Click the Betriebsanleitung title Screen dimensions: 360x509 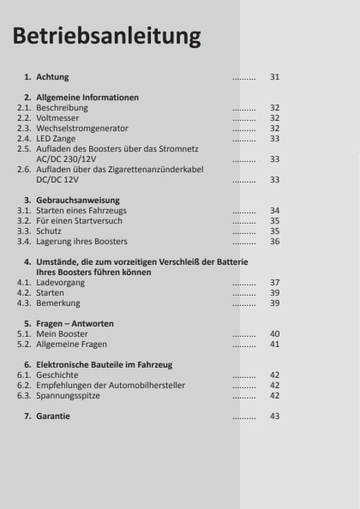tap(107, 37)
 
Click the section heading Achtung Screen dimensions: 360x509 tap(52, 77)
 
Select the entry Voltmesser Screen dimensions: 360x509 tap(57, 118)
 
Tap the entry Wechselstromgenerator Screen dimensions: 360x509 tap(79, 129)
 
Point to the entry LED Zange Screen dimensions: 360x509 tap(57, 139)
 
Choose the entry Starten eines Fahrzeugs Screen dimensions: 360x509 tap(83, 210)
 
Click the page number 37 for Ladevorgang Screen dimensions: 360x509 tap(274, 282)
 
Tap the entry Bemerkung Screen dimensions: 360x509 tap(59, 302)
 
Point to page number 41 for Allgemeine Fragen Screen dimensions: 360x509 tap(274, 344)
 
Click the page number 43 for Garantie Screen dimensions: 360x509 tap(274, 416)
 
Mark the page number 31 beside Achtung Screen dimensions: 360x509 tap(274, 77)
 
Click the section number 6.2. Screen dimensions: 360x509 tap(25, 385)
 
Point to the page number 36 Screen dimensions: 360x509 tap(274, 242)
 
